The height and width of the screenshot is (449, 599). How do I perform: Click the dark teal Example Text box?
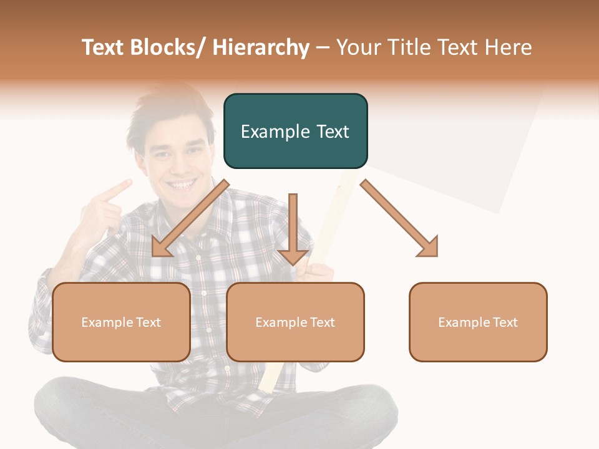tap(295, 131)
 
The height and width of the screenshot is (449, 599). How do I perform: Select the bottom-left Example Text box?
tap(121, 322)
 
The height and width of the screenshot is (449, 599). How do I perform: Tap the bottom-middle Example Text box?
tap(295, 322)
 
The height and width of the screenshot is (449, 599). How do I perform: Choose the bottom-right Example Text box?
tap(478, 322)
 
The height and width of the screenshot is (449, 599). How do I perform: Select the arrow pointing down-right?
tap(400, 219)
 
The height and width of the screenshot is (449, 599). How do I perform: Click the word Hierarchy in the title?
tap(261, 47)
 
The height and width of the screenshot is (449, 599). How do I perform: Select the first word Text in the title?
tap(104, 47)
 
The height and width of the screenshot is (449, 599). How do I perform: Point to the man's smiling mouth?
tap(182, 185)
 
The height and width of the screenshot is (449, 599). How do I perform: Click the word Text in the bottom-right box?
tap(505, 322)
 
